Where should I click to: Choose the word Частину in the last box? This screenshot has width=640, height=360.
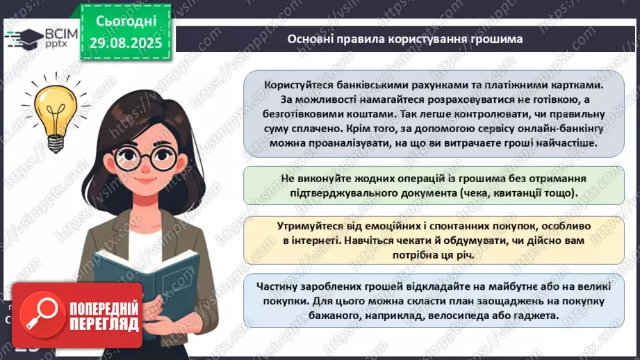point(279,285)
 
